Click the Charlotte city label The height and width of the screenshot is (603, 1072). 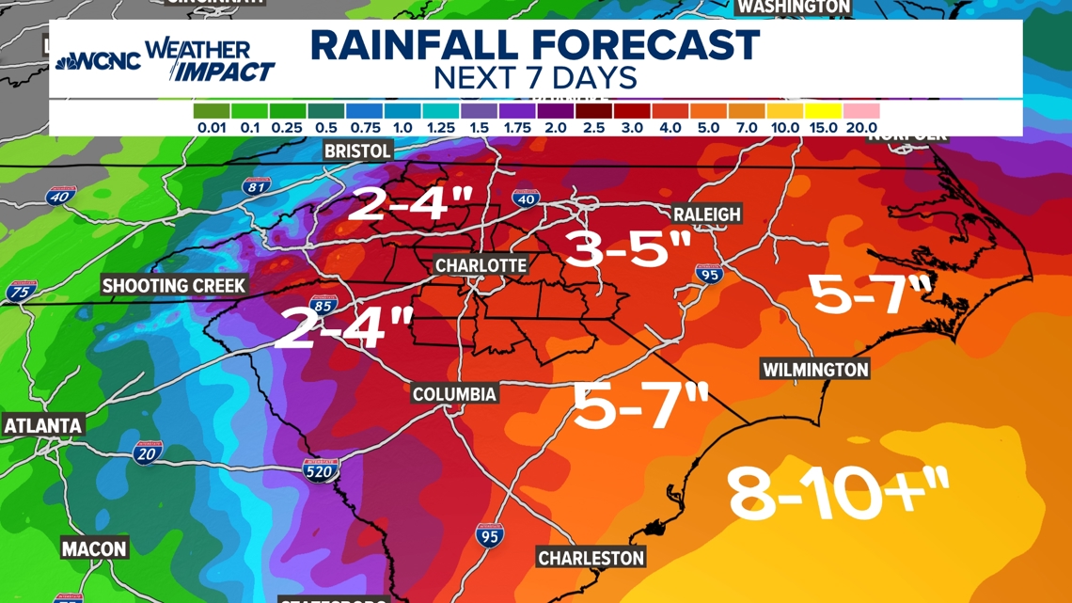[x=481, y=265]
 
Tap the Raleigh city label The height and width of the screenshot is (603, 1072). [x=707, y=214]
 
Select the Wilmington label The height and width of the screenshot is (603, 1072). [x=815, y=370]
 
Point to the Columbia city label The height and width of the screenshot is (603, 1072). [x=454, y=393]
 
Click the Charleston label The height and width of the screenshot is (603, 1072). [x=591, y=558]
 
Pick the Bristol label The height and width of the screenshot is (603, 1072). [x=357, y=151]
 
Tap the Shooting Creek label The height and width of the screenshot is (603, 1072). [x=174, y=285]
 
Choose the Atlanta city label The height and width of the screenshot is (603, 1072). [x=43, y=425]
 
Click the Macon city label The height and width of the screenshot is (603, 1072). [x=94, y=547]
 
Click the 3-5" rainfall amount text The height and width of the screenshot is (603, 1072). [x=628, y=249]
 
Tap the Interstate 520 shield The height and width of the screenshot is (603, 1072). [x=320, y=469]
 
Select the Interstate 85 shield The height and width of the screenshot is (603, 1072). [x=323, y=306]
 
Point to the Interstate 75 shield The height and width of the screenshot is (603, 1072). [x=20, y=292]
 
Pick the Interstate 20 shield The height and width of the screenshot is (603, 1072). [x=147, y=452]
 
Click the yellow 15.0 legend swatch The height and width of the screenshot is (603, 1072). [x=823, y=111]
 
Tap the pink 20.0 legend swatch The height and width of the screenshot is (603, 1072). [x=861, y=111]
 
